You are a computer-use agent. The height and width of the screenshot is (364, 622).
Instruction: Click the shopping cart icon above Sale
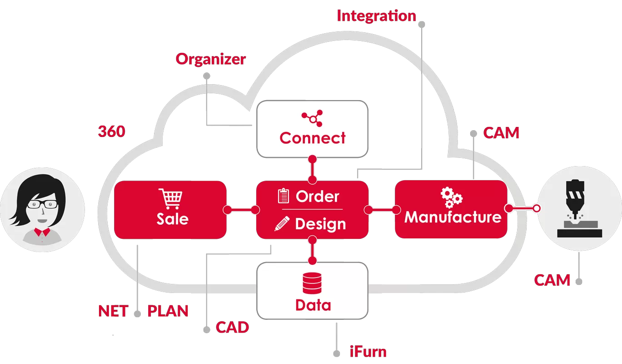pos(171,199)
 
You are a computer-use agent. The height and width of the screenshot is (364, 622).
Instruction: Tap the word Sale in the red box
pos(172,219)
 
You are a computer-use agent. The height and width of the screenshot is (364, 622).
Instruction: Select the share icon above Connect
pos(312,117)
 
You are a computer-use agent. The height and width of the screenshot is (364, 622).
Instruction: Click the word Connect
pos(313,137)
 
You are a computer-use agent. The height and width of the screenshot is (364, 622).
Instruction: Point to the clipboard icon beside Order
pos(283,196)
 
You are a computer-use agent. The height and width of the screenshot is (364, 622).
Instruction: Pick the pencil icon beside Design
pos(282,224)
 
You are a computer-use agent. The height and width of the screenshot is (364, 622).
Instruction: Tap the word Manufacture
pos(453,217)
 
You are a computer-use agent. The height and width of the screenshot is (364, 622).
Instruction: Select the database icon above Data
pos(312,283)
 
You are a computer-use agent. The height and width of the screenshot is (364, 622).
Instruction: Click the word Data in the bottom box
pos(313,304)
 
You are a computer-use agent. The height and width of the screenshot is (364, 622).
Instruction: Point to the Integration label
pos(376,16)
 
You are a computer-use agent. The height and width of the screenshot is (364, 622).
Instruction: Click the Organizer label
pos(211,59)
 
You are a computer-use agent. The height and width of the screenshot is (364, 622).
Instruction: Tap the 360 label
pos(111,131)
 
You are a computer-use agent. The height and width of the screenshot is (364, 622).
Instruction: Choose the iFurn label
pos(368,351)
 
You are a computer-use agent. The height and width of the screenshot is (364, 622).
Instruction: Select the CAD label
pos(232,327)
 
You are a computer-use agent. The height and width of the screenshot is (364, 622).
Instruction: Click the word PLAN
pos(168,311)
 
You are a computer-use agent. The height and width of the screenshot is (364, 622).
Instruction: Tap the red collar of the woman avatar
pos(41,233)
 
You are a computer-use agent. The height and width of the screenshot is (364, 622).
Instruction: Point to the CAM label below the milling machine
pos(552,280)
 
